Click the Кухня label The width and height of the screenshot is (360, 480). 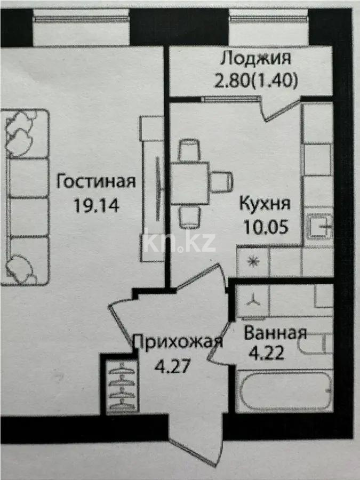point(265,204)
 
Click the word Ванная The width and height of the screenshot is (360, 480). point(275,334)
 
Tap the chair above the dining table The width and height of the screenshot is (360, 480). point(189,150)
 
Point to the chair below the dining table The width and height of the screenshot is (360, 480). point(189,217)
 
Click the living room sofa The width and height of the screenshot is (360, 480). point(27,197)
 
